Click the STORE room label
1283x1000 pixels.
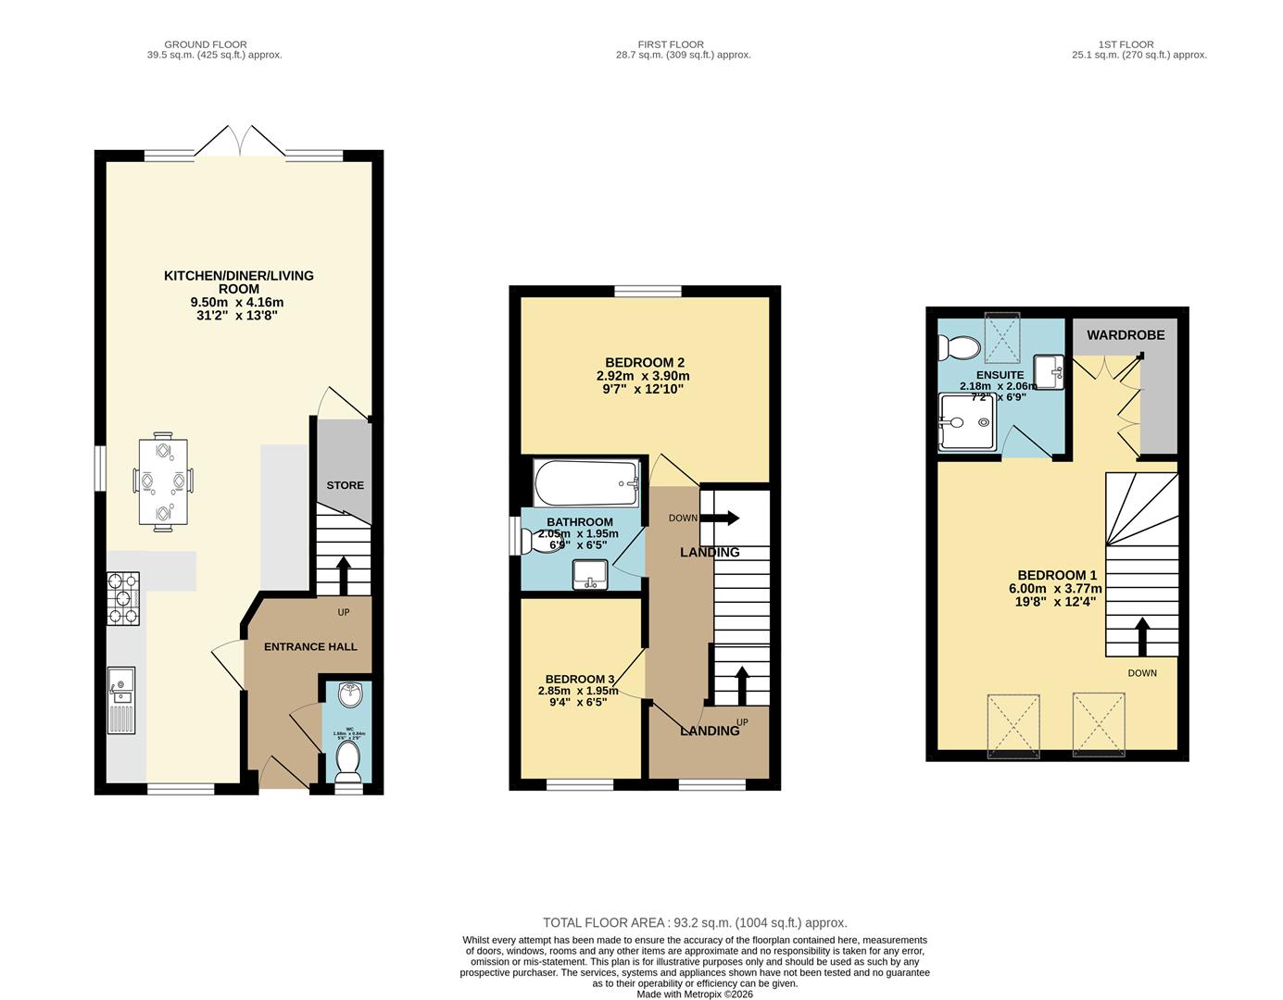(345, 485)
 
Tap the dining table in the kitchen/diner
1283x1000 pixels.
(163, 481)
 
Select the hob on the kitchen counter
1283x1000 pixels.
(123, 599)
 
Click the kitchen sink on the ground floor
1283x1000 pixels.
(121, 700)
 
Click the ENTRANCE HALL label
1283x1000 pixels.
(310, 646)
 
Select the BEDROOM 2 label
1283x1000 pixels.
(644, 362)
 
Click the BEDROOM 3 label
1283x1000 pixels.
(579, 679)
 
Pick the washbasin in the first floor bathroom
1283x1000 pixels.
(589, 575)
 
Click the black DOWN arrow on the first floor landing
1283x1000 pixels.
(723, 518)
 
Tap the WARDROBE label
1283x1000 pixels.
(1126, 334)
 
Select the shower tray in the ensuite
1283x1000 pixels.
(967, 422)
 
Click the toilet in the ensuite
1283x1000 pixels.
(958, 348)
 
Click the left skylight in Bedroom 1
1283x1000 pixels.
(1013, 725)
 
